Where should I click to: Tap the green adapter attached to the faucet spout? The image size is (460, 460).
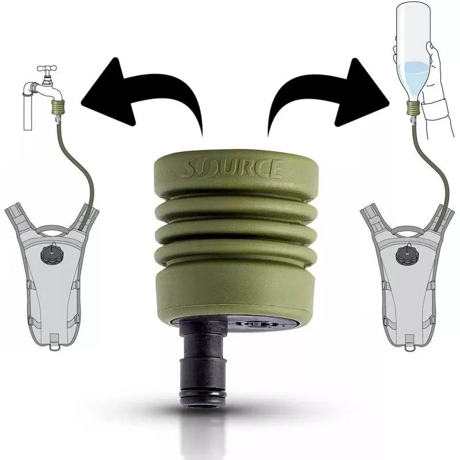click(58, 107)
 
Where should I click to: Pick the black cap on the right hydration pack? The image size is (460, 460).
click(407, 254)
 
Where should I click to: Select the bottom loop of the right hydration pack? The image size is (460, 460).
click(410, 346)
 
